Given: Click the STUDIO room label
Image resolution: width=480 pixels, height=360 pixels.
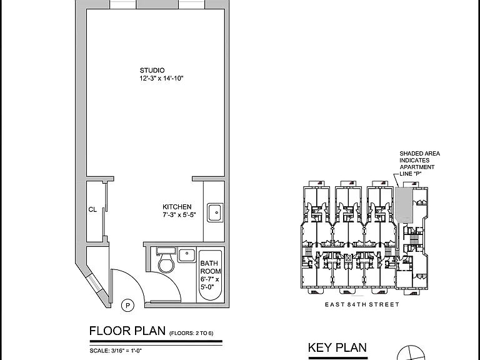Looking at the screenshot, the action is (152, 71).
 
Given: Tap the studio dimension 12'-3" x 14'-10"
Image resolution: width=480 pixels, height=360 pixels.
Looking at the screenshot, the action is (161, 78).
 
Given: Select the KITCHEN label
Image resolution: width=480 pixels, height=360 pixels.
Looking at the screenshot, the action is (177, 207).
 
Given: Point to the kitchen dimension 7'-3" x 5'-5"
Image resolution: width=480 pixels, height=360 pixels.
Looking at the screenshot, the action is (179, 214).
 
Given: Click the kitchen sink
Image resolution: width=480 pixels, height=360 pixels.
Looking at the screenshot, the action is (216, 212).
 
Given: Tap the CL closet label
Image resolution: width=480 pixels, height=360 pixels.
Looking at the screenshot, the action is (92, 210).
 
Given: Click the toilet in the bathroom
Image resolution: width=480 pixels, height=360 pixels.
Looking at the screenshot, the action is (166, 260).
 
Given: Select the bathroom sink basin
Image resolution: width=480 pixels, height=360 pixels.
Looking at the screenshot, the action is (187, 255).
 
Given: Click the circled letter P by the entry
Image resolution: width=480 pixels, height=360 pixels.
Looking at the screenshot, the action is (127, 305).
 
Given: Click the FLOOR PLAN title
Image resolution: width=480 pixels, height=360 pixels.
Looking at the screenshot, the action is (127, 331).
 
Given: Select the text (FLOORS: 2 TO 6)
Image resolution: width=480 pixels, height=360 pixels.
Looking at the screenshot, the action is (191, 333).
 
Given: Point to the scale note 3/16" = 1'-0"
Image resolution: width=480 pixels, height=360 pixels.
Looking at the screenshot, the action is (116, 351).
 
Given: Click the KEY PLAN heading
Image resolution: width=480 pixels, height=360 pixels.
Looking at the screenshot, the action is (337, 347).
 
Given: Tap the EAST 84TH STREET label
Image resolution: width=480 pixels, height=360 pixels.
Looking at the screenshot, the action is (362, 304).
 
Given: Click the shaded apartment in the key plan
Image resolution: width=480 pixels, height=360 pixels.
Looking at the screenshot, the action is (404, 205).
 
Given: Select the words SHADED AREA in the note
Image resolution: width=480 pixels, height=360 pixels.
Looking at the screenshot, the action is (420, 154).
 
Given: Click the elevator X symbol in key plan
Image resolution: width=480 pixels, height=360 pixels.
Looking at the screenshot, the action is (348, 257).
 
